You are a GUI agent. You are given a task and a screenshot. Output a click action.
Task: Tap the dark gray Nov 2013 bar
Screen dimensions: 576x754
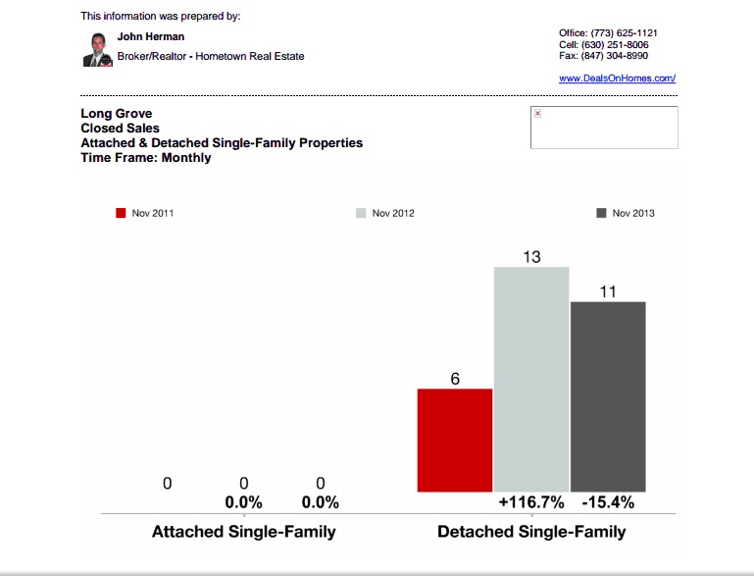pos(608,396)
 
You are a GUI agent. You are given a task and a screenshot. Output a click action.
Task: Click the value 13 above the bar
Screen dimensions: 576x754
pos(531,257)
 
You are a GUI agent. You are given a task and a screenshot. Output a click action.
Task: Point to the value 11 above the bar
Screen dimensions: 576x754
pos(608,291)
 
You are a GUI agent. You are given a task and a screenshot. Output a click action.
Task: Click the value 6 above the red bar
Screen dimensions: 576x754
pos(455,379)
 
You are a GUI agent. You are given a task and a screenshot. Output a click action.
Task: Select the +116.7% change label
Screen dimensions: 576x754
pos(531,502)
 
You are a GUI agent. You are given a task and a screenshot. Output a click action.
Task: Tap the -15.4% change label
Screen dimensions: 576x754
pos(608,502)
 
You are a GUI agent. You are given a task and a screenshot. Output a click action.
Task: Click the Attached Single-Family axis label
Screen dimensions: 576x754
pos(243,532)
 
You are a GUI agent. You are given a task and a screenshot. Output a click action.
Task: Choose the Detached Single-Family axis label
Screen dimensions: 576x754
pos(530,532)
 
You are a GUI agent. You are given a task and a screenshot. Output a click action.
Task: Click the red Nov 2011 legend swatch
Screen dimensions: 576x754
pos(121,213)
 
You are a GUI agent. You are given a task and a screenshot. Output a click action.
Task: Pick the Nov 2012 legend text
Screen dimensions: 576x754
pos(393,213)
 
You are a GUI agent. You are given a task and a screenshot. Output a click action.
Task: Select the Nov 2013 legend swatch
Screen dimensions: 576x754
pos(601,213)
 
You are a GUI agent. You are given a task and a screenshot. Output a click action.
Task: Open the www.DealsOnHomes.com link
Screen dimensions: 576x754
pos(617,78)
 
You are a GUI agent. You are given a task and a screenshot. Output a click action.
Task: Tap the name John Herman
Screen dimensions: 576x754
pos(151,36)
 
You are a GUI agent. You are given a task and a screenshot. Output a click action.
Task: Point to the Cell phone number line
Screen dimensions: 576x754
pos(603,44)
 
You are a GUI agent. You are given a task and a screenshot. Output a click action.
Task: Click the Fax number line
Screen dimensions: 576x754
pos(603,56)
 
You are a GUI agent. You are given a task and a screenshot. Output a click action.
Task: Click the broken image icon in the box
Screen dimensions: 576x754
pos(537,114)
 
